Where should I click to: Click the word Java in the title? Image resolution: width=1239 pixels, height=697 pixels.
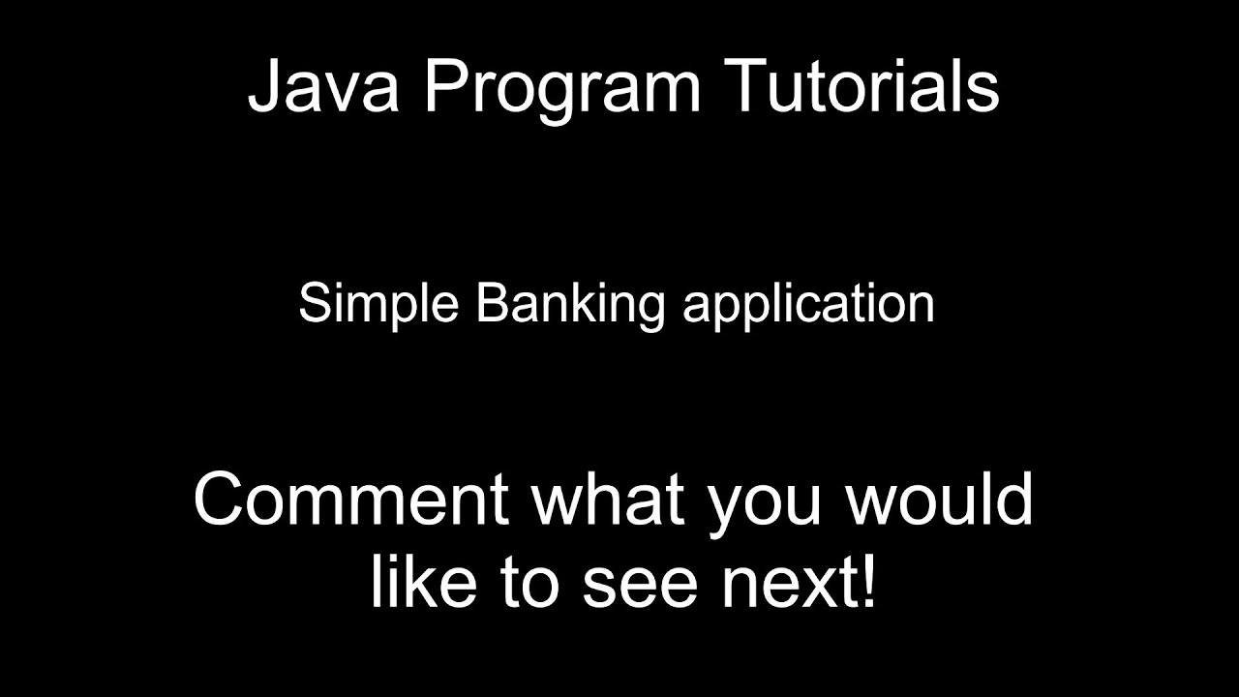(x=325, y=86)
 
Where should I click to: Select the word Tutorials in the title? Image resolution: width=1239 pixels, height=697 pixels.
(x=861, y=86)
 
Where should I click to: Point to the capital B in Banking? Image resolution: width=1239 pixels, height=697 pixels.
(x=491, y=304)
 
